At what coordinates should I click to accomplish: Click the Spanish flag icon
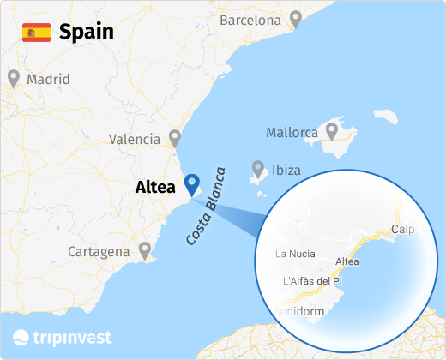click(x=36, y=33)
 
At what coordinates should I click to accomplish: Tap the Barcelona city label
click(x=250, y=19)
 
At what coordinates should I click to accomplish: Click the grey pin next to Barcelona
click(x=296, y=17)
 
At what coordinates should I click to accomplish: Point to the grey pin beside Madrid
click(x=14, y=78)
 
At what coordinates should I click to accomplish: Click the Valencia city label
click(x=135, y=139)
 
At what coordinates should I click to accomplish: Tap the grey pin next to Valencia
click(x=175, y=137)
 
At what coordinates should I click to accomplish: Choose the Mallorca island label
click(x=292, y=133)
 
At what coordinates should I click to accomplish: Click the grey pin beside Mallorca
click(x=332, y=131)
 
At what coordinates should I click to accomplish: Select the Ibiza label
click(x=286, y=170)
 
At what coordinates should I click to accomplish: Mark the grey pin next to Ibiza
click(x=257, y=167)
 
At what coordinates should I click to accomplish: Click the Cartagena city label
click(x=99, y=252)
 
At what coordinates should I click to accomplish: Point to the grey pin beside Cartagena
click(x=145, y=249)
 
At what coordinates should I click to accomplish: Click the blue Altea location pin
click(x=192, y=183)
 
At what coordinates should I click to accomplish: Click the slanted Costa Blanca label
click(x=204, y=206)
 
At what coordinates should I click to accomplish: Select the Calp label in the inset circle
click(x=402, y=229)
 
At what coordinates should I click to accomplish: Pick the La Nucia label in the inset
click(x=296, y=253)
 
